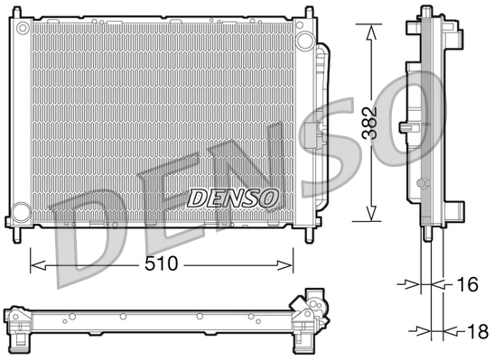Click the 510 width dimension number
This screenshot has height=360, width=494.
click(x=162, y=265)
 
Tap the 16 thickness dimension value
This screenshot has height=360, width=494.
click(x=465, y=285)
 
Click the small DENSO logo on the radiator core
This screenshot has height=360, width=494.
click(x=234, y=196)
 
